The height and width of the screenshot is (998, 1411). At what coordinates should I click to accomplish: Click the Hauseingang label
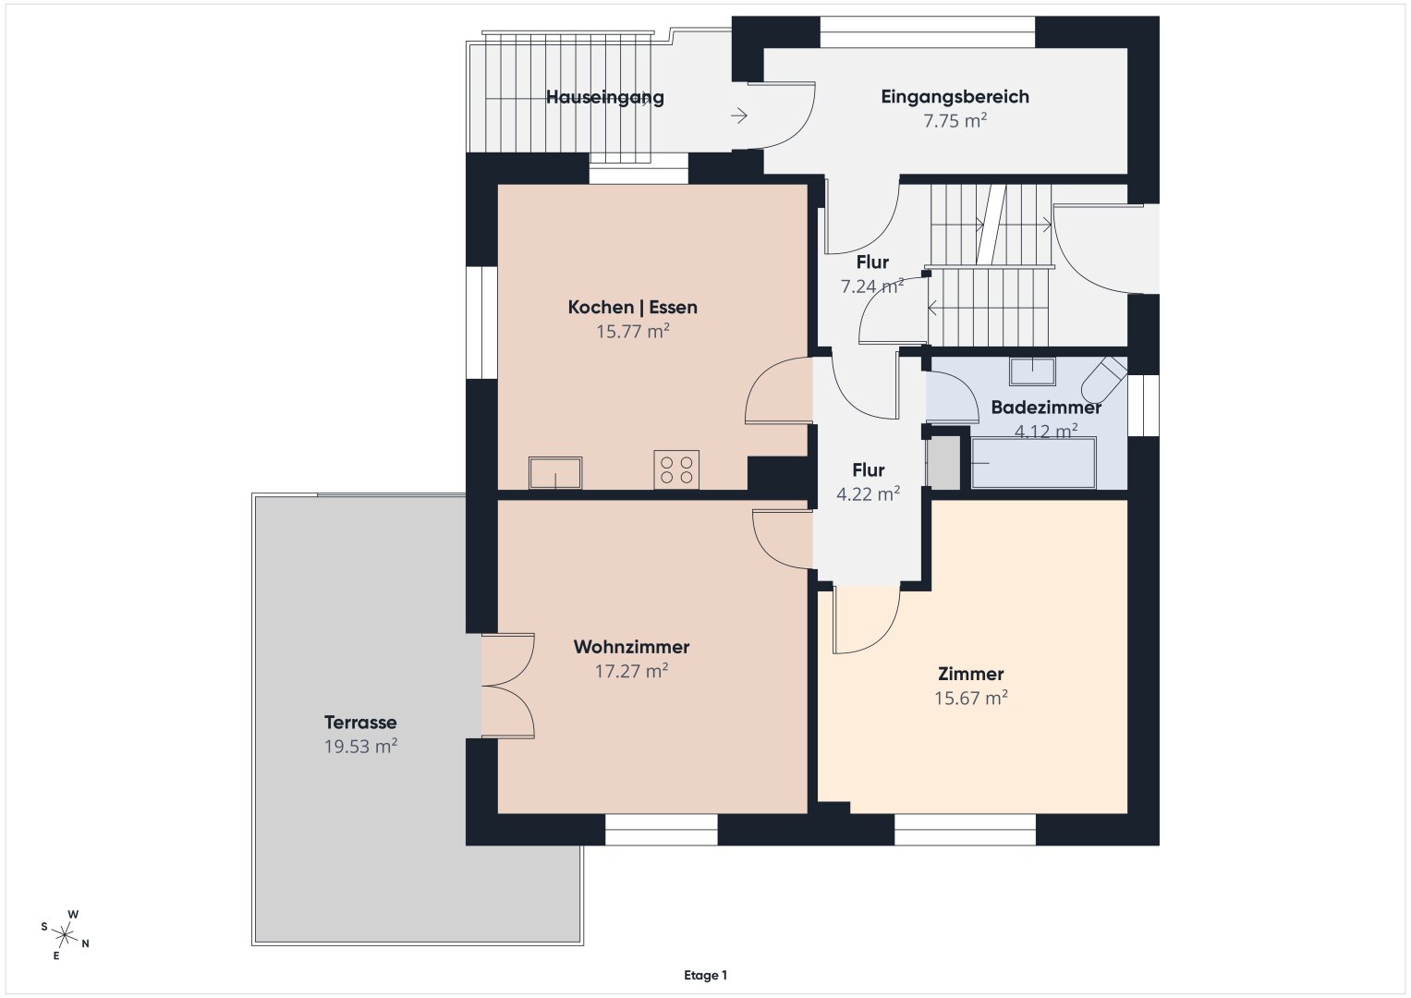(604, 97)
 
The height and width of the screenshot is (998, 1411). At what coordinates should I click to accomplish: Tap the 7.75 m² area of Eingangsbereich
(955, 120)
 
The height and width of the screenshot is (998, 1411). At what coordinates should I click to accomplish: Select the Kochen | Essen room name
(632, 307)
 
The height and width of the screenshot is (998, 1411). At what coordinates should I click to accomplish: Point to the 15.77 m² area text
(632, 331)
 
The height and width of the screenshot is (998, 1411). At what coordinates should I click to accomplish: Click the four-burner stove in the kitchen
(676, 469)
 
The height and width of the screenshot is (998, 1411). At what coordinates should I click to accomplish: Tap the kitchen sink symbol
(555, 472)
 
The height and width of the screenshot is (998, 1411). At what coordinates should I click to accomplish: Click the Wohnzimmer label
(631, 647)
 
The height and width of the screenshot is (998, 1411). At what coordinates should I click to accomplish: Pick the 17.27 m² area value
(631, 671)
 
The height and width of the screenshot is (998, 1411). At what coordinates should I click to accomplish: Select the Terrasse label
(360, 722)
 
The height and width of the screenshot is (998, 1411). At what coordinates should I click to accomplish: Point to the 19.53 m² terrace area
(360, 746)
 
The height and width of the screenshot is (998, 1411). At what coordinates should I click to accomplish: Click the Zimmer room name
(970, 674)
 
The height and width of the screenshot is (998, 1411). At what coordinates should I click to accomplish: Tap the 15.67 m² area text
(970, 698)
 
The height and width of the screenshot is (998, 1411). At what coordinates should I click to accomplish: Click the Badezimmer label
(1046, 407)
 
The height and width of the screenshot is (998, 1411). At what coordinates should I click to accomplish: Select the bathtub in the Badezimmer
(1034, 463)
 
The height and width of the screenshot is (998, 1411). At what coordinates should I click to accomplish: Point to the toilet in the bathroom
(1103, 378)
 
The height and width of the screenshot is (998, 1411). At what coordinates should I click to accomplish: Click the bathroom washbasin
(1032, 371)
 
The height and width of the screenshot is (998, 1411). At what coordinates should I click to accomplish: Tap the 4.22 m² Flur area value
(868, 494)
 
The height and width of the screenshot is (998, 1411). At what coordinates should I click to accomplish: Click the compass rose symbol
(65, 934)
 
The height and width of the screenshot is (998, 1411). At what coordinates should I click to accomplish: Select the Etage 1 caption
(706, 975)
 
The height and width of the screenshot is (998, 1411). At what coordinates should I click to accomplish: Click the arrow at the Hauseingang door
(739, 116)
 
